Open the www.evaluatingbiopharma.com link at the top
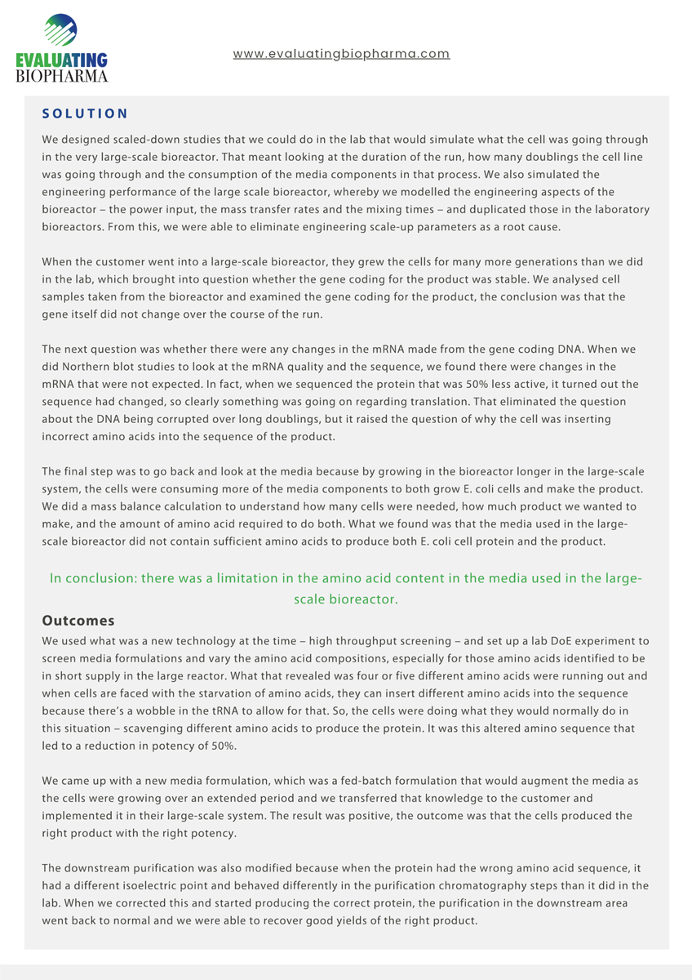pos(341,54)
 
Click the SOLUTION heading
pos(85,114)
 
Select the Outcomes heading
pos(78,621)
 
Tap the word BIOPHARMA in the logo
pos(62,76)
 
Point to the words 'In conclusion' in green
pos(92,578)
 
